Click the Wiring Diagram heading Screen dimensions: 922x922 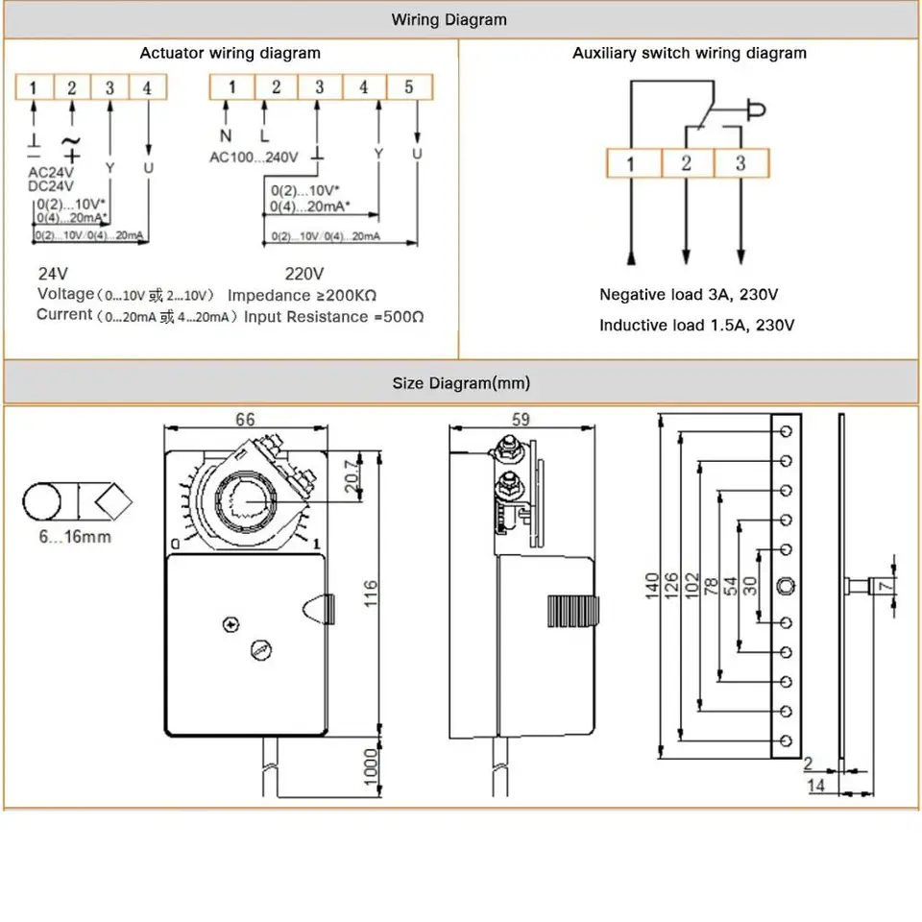[449, 19]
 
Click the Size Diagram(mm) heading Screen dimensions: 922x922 [461, 383]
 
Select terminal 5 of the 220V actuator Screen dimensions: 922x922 [408, 87]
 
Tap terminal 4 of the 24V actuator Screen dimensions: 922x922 [147, 88]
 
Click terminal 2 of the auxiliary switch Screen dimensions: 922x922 [686, 162]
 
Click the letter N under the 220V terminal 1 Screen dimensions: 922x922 [226, 135]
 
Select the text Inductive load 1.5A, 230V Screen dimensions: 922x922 [696, 326]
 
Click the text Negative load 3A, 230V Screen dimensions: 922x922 [689, 295]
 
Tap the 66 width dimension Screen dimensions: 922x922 [245, 420]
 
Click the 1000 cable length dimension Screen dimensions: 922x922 [371, 766]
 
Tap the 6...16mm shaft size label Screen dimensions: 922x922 [75, 537]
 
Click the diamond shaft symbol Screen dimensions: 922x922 [113, 501]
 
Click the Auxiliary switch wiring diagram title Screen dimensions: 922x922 [690, 53]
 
